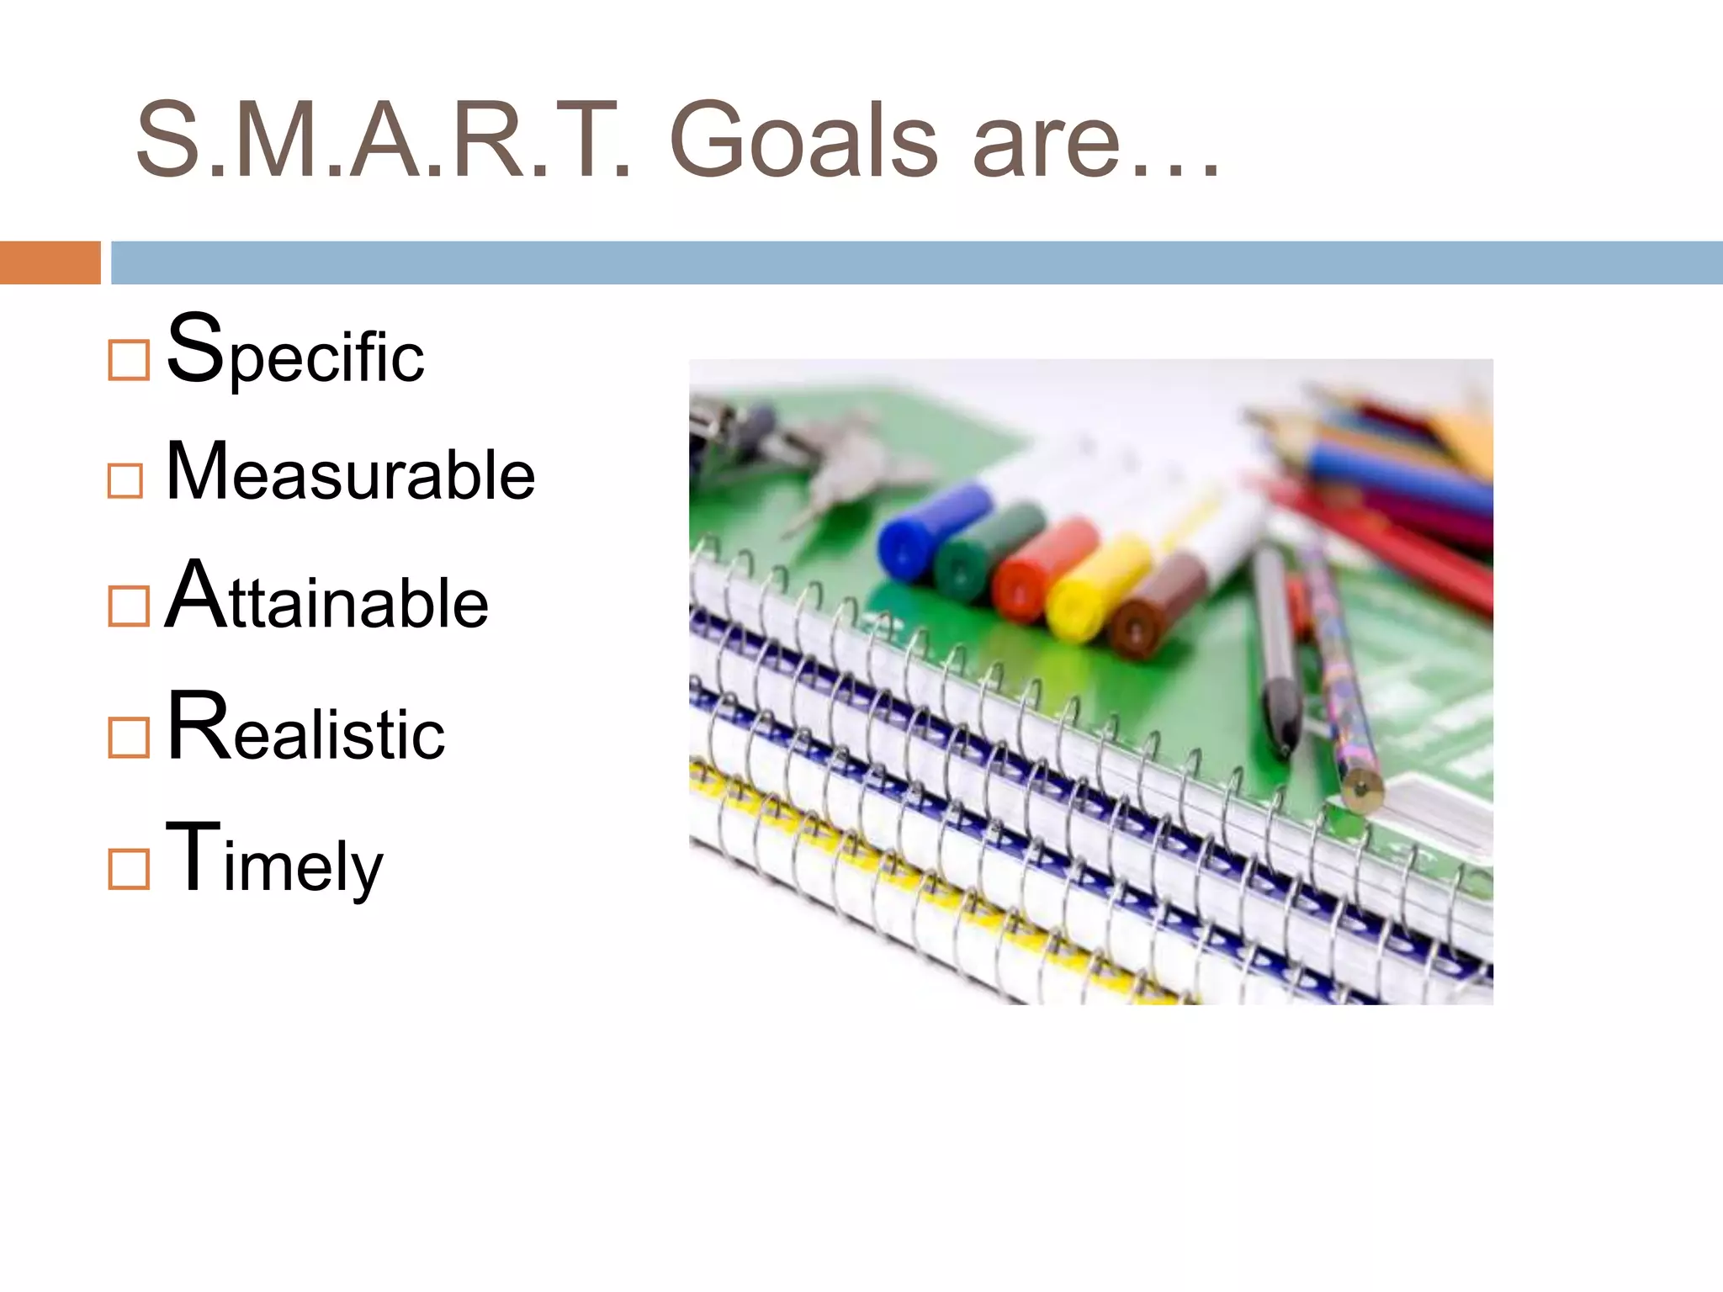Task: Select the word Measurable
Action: pyautogui.click(x=350, y=473)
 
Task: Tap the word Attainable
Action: pyautogui.click(x=326, y=597)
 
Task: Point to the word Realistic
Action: pyautogui.click(x=306, y=728)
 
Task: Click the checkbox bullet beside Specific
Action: pyautogui.click(x=129, y=360)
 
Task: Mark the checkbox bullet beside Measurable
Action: pyautogui.click(x=125, y=481)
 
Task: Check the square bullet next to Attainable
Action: pyautogui.click(x=129, y=606)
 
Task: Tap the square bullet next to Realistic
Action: pyautogui.click(x=129, y=738)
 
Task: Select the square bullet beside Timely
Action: pyautogui.click(x=129, y=869)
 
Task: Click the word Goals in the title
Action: pyautogui.click(x=803, y=141)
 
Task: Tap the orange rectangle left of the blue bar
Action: pyautogui.click(x=50, y=262)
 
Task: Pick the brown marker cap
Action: pyautogui.click(x=1157, y=607)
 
